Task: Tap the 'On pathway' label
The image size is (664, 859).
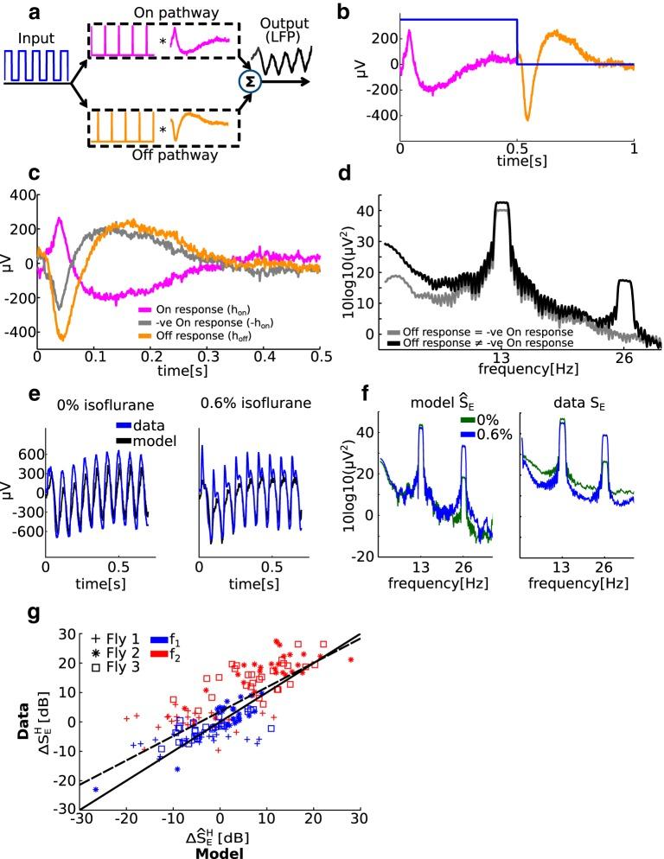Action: tap(163, 11)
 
